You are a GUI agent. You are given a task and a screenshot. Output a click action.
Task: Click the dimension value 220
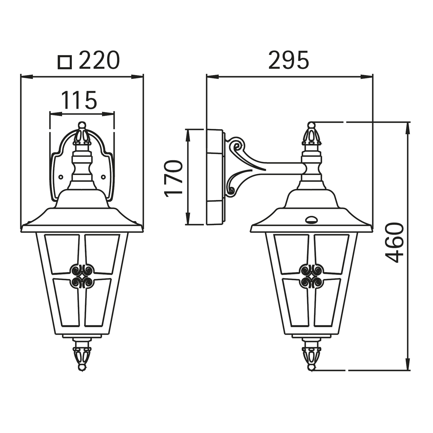[99, 60]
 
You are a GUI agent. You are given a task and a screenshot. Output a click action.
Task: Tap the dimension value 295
[289, 60]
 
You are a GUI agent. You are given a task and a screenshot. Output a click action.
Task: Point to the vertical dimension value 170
[173, 178]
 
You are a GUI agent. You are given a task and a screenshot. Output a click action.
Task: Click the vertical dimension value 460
[394, 242]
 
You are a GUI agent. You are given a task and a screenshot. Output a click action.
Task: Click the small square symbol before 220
[65, 62]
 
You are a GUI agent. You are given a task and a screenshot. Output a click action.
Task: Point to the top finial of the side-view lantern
[311, 135]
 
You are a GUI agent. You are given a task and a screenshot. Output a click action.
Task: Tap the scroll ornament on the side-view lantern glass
[311, 276]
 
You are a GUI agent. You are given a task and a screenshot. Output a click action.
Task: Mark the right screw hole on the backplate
[103, 177]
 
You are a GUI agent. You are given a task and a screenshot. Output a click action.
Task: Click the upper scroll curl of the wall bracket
[237, 146]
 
